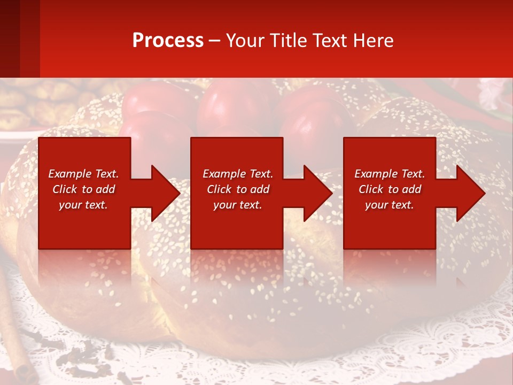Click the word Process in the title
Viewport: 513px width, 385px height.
(168, 41)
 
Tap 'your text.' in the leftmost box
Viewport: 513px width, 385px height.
(83, 205)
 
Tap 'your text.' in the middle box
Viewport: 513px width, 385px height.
(237, 205)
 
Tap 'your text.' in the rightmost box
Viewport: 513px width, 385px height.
(390, 205)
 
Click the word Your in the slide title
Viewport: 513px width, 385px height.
(245, 41)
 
